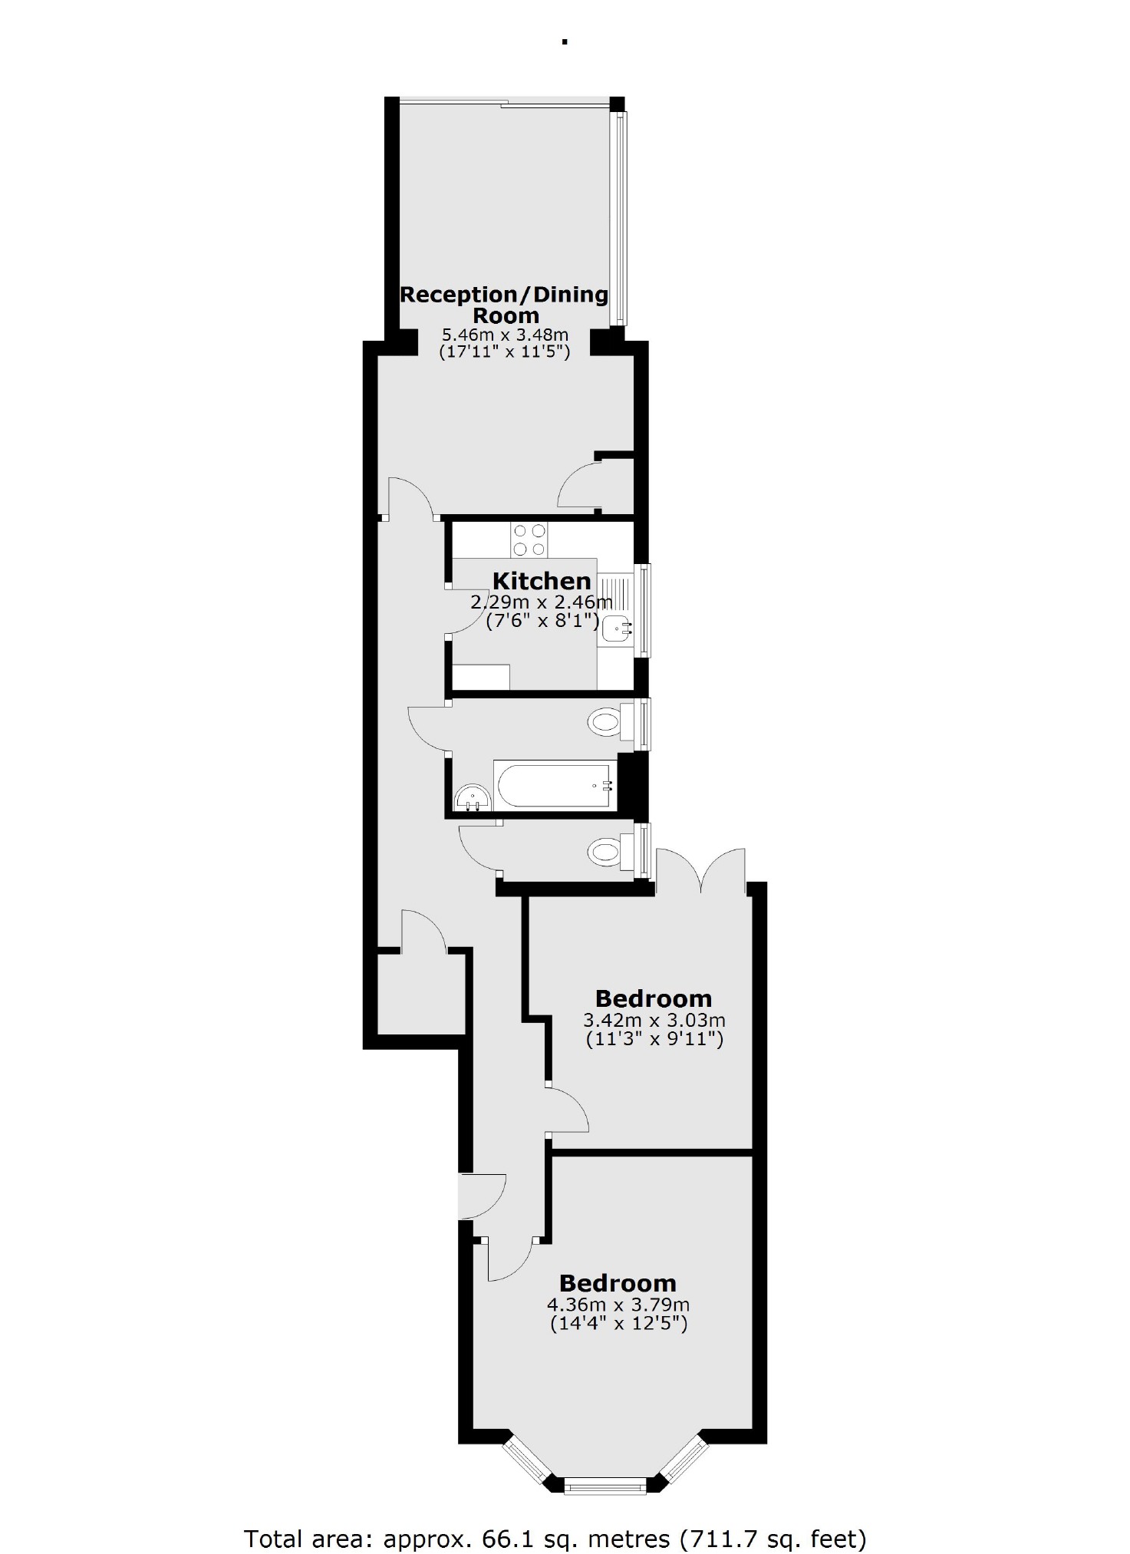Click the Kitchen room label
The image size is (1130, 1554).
(x=542, y=581)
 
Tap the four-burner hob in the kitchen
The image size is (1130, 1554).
(x=529, y=539)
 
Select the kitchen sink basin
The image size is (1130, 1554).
(x=616, y=629)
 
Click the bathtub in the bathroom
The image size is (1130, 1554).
(x=555, y=784)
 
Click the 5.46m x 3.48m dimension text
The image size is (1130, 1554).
(x=505, y=335)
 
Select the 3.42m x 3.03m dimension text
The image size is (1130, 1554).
(x=654, y=1021)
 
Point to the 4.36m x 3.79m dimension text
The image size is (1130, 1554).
(x=618, y=1305)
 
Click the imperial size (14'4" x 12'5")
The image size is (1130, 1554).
(x=618, y=1323)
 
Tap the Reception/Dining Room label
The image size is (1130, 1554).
(x=505, y=305)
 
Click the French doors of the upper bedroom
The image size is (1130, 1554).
(x=700, y=871)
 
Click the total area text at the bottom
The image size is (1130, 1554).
(x=555, y=1517)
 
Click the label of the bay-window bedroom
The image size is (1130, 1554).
(x=618, y=1282)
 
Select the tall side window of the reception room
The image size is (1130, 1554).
(x=620, y=219)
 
